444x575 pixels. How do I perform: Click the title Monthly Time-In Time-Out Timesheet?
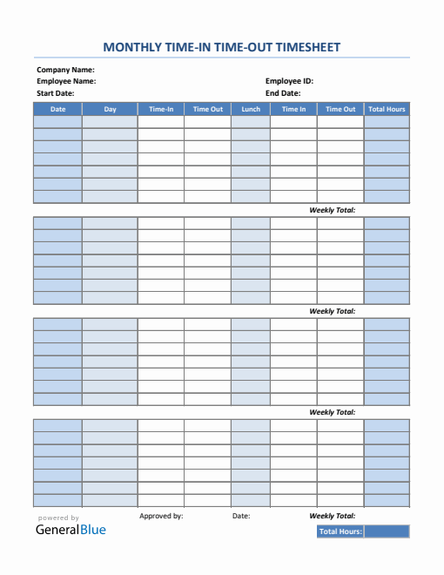[x=222, y=47]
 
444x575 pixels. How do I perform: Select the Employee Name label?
[x=66, y=81]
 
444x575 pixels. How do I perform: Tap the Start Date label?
[x=55, y=93]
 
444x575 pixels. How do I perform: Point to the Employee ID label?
[x=289, y=81]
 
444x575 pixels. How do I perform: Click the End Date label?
[x=283, y=93]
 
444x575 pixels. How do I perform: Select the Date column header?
[x=57, y=109]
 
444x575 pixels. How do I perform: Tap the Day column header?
[x=110, y=109]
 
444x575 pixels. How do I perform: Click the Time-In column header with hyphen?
[x=161, y=109]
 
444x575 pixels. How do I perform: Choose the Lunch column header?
[x=251, y=109]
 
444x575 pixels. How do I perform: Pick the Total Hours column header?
[x=387, y=109]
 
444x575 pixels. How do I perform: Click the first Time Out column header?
[x=208, y=109]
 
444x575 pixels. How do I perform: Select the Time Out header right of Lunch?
[x=340, y=109]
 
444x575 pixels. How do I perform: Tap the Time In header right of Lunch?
[x=293, y=109]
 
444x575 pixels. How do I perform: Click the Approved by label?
[x=161, y=516]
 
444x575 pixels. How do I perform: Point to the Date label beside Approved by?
[x=241, y=516]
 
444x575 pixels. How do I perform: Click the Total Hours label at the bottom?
[x=340, y=531]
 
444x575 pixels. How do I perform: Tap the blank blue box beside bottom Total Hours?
[x=387, y=531]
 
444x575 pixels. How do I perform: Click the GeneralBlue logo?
[x=71, y=529]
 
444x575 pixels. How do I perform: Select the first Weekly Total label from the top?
[x=332, y=210]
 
